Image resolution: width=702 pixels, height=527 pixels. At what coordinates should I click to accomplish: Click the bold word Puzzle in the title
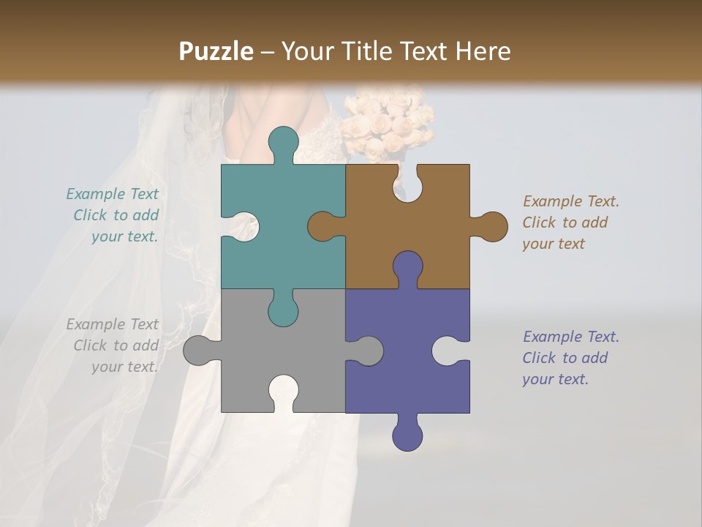click(216, 51)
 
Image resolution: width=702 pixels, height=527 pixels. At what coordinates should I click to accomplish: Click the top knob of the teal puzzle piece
click(283, 143)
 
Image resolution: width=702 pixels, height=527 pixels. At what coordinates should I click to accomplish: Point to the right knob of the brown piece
click(490, 226)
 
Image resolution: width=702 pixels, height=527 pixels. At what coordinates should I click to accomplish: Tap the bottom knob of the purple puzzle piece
click(407, 433)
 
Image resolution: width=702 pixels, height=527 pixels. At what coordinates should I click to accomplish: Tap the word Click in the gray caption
click(90, 345)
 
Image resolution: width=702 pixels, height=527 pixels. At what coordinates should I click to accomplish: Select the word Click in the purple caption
click(539, 358)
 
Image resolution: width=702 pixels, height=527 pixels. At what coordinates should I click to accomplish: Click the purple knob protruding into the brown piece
click(407, 268)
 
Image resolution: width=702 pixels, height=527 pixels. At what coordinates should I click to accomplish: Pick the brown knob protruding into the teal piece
click(325, 226)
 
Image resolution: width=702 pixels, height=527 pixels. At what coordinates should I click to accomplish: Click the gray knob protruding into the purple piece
click(366, 351)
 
